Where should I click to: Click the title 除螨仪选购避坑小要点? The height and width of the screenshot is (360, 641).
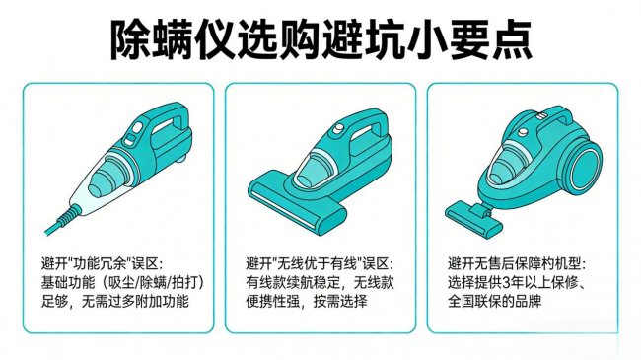click(x=320, y=38)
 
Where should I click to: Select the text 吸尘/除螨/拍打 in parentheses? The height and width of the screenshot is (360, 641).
click(x=150, y=283)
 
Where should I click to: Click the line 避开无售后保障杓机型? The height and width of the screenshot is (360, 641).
click(x=516, y=264)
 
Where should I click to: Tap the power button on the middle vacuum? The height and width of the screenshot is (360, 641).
click(x=335, y=129)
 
